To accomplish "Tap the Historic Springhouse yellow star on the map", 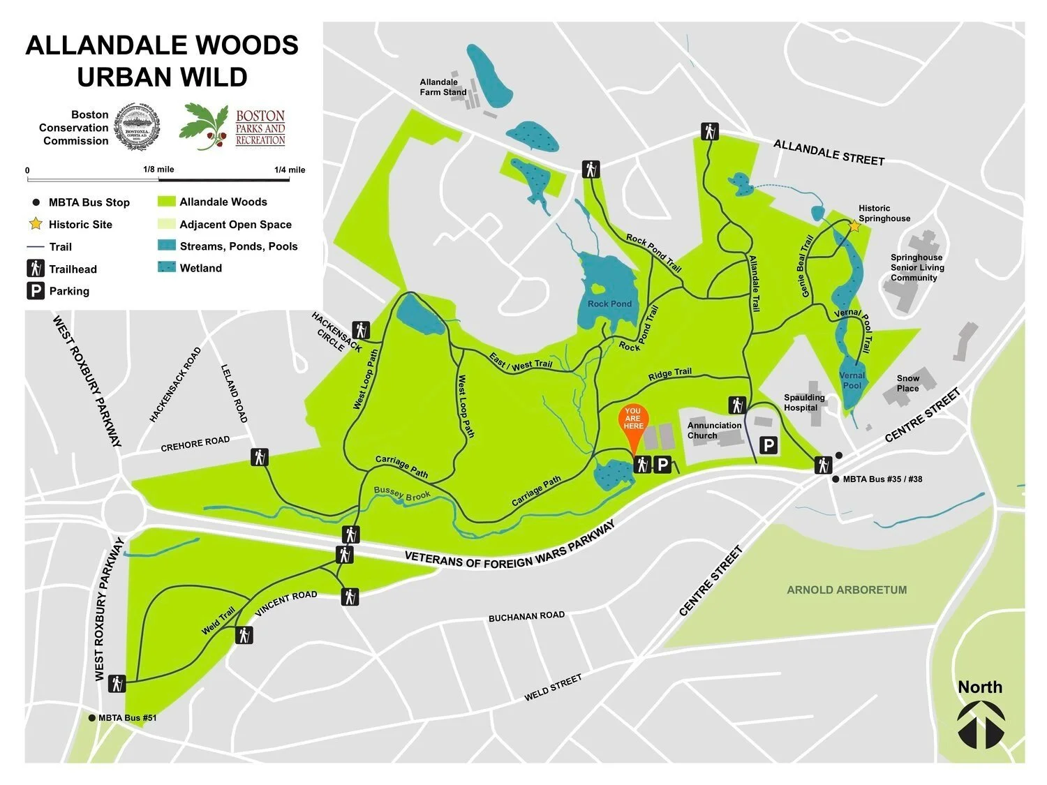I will coord(853,226).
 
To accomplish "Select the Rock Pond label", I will coord(609,304).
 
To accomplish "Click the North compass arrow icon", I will coord(981,725).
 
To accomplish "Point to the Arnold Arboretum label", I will coord(847,590).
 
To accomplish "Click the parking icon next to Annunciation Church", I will coord(768,444).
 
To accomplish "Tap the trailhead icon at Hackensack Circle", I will coord(360,329).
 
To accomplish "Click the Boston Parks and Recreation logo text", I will coord(260,127).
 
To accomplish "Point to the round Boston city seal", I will coord(137,127).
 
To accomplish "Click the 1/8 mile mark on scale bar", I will coord(158,170).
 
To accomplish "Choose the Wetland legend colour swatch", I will coord(168,268).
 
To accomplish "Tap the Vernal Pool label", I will coord(852,380).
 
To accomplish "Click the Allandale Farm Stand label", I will coord(443,87).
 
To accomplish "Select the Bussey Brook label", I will coord(402,493).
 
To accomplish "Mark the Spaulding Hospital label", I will coord(804,403).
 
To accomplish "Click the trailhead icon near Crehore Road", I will coord(260,458).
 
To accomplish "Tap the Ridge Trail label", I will coord(669,375).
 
